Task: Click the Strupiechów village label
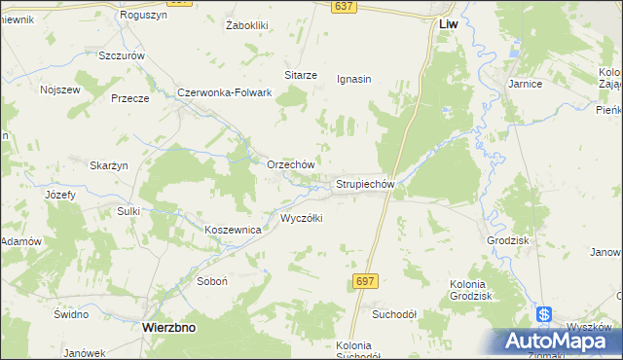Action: (x=364, y=183)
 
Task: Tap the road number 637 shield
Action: (x=342, y=6)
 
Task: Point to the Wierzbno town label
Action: (x=168, y=328)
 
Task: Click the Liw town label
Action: (x=448, y=22)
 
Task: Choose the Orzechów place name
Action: (x=290, y=164)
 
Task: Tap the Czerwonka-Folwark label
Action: (x=224, y=92)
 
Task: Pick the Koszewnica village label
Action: (x=233, y=229)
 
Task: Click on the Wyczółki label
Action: (x=302, y=218)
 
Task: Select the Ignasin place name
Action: (x=354, y=79)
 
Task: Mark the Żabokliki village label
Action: (x=245, y=25)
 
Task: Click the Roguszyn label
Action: (x=143, y=16)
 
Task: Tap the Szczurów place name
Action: (x=122, y=55)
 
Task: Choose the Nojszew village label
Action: (x=58, y=90)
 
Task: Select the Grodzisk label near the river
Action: (x=507, y=239)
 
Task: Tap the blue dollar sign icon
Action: (x=544, y=316)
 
